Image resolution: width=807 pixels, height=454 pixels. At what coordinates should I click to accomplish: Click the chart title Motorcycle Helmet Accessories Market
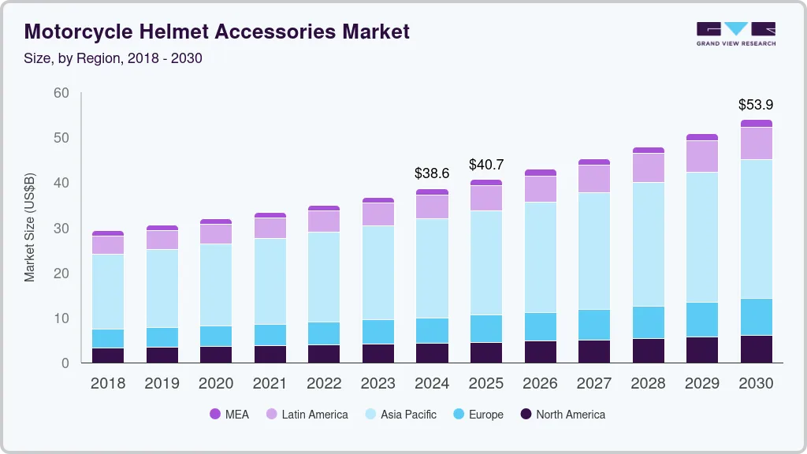tap(217, 32)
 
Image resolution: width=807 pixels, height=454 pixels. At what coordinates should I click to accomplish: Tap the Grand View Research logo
tap(735, 34)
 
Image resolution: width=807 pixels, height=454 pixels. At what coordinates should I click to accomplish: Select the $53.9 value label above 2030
tap(755, 104)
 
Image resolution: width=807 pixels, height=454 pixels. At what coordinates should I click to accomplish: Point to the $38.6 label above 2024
tap(432, 173)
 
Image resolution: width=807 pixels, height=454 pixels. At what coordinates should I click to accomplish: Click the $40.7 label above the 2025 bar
tap(486, 165)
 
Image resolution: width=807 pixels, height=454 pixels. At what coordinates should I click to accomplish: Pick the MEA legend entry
tap(229, 415)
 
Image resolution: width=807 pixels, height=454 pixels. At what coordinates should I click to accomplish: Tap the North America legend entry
tap(562, 415)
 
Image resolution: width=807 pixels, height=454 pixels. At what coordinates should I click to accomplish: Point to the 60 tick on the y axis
tap(61, 93)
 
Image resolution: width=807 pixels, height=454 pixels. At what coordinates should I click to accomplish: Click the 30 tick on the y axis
tap(61, 229)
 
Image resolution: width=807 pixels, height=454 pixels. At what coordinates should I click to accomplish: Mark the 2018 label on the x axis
tap(108, 384)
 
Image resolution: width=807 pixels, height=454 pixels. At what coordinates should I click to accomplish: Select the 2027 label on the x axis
tap(593, 384)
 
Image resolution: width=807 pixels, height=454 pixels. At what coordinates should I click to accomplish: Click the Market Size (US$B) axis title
tap(30, 228)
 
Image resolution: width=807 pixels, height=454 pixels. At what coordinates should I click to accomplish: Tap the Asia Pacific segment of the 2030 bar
tap(756, 229)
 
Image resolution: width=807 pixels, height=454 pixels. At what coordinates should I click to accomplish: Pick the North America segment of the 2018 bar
tap(108, 355)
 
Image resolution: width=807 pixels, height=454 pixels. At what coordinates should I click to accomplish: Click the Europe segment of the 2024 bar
tap(432, 331)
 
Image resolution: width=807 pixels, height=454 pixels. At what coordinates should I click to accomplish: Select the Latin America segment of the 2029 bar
tap(701, 156)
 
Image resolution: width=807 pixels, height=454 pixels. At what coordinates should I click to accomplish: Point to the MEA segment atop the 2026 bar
tap(540, 173)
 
